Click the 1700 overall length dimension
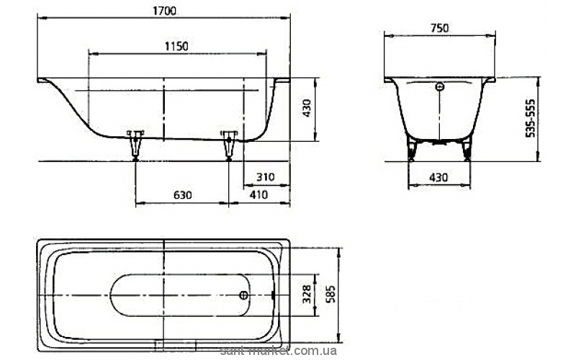[x=164, y=11]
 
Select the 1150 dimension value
[x=176, y=46]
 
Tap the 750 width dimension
[x=439, y=28]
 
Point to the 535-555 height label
[x=530, y=118]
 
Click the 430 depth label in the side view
[x=307, y=108]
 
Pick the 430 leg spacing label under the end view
[x=439, y=177]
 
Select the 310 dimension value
[x=265, y=176]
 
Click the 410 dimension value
[x=259, y=194]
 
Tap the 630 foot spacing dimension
[x=183, y=194]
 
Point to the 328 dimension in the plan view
[x=307, y=294]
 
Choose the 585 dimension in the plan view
[x=330, y=294]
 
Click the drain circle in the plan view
[x=243, y=295]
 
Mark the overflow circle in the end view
[x=440, y=87]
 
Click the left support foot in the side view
[x=135, y=145]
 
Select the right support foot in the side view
[x=229, y=145]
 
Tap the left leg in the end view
[x=411, y=150]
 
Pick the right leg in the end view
[x=467, y=150]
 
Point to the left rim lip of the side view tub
[x=42, y=80]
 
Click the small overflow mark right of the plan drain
[x=272, y=294]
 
